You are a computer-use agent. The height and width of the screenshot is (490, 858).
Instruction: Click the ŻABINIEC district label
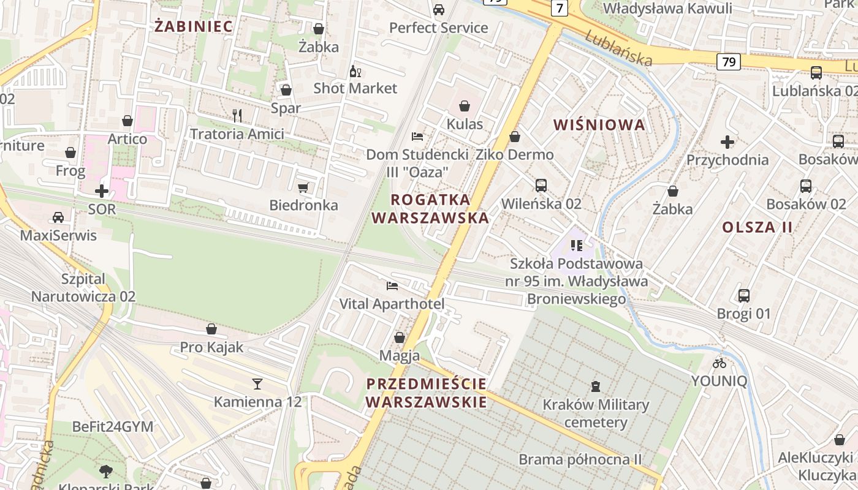[x=194, y=26]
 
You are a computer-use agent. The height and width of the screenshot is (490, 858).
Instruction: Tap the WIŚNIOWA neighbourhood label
[x=599, y=125]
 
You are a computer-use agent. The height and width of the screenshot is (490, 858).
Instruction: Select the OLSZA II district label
[x=757, y=227]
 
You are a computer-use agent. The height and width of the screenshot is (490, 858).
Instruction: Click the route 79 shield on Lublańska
[x=728, y=62]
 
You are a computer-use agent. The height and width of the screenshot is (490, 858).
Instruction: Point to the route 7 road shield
[x=559, y=8]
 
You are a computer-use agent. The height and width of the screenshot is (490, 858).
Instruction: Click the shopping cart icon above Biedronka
[x=303, y=187]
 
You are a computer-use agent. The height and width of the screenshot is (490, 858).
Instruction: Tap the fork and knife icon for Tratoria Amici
[x=237, y=115]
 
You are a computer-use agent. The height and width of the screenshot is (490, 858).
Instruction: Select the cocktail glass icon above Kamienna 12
[x=257, y=384]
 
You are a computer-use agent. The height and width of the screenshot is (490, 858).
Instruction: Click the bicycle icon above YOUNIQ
[x=719, y=363]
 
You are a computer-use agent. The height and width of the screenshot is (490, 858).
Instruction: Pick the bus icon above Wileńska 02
[x=541, y=185]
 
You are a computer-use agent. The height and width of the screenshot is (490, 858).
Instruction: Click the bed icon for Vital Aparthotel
[x=392, y=285]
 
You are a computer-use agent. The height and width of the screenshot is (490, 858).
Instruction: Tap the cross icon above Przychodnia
[x=727, y=142]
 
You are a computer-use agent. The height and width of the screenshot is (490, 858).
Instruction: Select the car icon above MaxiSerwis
[x=58, y=217]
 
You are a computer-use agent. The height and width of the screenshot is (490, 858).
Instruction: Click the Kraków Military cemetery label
[x=596, y=413]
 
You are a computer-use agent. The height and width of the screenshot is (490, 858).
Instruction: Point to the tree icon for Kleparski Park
[x=106, y=471]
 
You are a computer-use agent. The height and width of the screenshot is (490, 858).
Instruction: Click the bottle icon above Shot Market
[x=355, y=71]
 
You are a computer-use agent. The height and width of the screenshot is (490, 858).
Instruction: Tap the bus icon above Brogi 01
[x=744, y=296]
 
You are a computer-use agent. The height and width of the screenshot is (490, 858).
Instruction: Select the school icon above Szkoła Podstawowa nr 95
[x=576, y=246]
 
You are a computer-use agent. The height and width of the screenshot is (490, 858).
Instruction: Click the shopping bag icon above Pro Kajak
[x=211, y=330]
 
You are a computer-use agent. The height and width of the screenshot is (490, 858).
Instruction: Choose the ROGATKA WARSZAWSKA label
[x=430, y=208]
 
